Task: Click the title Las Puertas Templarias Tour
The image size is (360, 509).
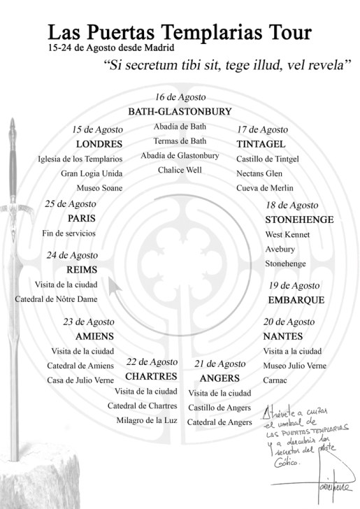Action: point(180,32)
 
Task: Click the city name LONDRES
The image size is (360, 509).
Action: point(99,144)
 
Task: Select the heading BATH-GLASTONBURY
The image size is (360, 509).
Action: point(180,111)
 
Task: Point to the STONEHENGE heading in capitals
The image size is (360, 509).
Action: point(299,220)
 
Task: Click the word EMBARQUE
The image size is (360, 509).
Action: point(296,300)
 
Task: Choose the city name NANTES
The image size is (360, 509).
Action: point(282,336)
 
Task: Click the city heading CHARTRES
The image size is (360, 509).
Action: point(151,376)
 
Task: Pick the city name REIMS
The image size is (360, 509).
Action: point(81,270)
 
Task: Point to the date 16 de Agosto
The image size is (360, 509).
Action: point(180,97)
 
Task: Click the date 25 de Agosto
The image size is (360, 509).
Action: point(71,203)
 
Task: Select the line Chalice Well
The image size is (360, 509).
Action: point(180,170)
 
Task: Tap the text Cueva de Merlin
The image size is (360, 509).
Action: point(265,187)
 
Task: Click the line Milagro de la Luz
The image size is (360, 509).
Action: point(147,420)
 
